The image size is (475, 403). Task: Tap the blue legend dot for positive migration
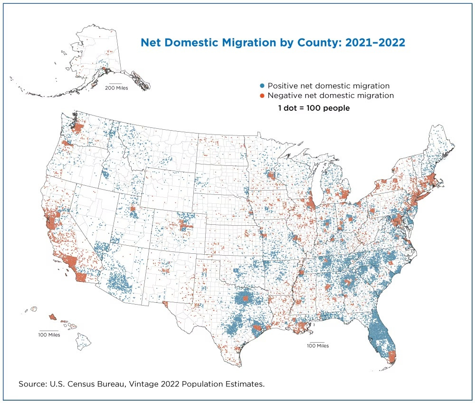[262, 86]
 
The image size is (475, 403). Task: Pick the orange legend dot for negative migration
[262, 96]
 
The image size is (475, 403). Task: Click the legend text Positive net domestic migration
[329, 86]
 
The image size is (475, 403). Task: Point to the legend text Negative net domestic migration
[331, 96]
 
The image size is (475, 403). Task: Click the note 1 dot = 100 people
[314, 108]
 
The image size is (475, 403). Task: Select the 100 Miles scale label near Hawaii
[49, 335]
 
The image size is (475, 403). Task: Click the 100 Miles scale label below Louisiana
[318, 345]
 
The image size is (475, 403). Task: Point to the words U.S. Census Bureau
[82, 383]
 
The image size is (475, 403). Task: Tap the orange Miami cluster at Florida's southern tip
[391, 356]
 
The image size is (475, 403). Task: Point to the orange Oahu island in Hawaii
[52, 317]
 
